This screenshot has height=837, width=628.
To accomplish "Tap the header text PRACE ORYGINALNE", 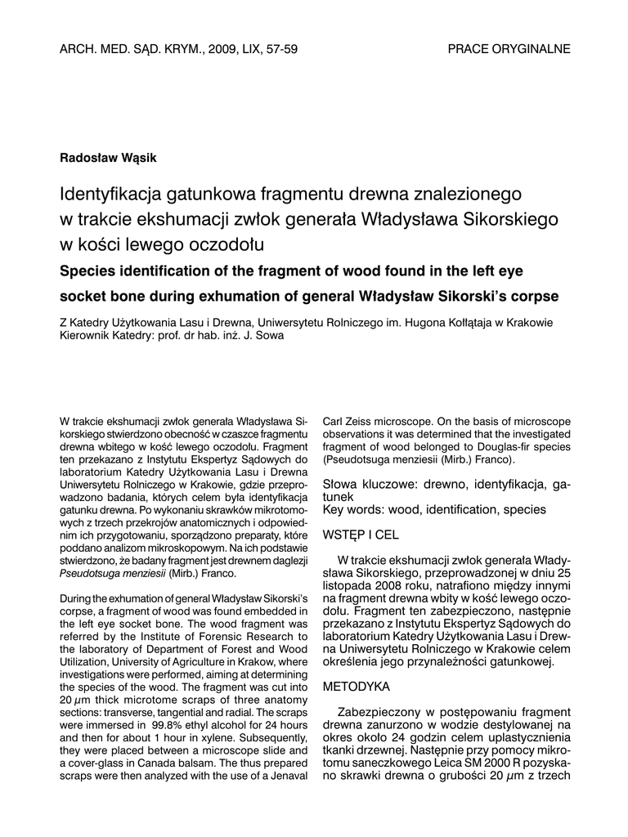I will pyautogui.click(x=509, y=49).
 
